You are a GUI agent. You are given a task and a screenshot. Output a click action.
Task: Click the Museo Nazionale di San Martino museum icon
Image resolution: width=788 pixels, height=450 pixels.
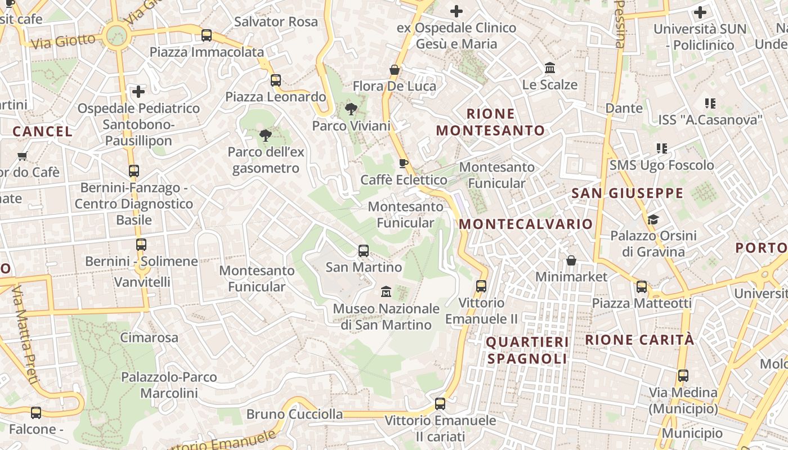pyautogui.click(x=386, y=291)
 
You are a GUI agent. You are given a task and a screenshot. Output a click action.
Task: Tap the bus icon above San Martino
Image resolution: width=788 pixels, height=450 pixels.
pyautogui.click(x=364, y=251)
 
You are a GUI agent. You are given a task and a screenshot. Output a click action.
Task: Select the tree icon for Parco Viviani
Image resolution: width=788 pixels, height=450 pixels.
pyautogui.click(x=351, y=109)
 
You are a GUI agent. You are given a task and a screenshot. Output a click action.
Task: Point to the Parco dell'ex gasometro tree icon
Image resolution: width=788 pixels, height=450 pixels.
pyautogui.click(x=265, y=135)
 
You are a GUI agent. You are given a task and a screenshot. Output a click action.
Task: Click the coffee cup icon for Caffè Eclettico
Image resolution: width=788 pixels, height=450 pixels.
pyautogui.click(x=403, y=164)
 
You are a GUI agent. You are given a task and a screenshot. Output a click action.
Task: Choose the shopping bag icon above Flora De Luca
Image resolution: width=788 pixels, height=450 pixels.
pyautogui.click(x=395, y=70)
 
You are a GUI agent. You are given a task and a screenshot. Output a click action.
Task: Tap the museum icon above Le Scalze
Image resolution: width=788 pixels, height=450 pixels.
pyautogui.click(x=550, y=69)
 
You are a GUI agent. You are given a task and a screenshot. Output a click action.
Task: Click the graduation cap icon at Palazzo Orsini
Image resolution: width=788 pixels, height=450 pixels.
pyautogui.click(x=653, y=219)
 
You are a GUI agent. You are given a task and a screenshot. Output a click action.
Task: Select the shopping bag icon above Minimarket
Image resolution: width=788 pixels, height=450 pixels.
pyautogui.click(x=571, y=260)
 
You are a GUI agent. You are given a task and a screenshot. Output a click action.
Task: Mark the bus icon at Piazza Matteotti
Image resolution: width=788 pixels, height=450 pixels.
pyautogui.click(x=642, y=287)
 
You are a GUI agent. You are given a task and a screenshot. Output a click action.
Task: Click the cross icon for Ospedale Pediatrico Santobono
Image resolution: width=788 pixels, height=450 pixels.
pyautogui.click(x=138, y=91)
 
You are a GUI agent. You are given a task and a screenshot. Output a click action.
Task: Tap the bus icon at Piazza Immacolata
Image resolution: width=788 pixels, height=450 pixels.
pyautogui.click(x=207, y=35)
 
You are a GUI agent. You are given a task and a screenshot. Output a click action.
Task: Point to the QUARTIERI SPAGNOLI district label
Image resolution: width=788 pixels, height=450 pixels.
pyautogui.click(x=527, y=350)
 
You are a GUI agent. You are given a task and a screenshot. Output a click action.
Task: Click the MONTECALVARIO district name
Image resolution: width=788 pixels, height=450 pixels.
pyautogui.click(x=526, y=224)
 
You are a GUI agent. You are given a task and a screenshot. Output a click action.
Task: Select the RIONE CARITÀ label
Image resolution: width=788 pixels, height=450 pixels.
pyautogui.click(x=639, y=340)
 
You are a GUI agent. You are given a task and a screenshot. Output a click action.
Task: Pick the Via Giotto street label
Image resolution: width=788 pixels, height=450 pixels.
pyautogui.click(x=64, y=41)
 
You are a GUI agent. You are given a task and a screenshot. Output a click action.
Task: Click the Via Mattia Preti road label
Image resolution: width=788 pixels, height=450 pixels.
pyautogui.click(x=26, y=334)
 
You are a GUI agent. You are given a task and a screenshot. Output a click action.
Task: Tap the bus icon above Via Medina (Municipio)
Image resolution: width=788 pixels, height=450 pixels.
pyautogui.click(x=683, y=376)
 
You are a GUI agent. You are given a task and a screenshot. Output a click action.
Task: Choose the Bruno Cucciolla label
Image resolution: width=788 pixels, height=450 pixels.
pyautogui.click(x=294, y=415)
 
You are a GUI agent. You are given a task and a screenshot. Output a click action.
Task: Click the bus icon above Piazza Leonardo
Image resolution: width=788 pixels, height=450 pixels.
pyautogui.click(x=275, y=80)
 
